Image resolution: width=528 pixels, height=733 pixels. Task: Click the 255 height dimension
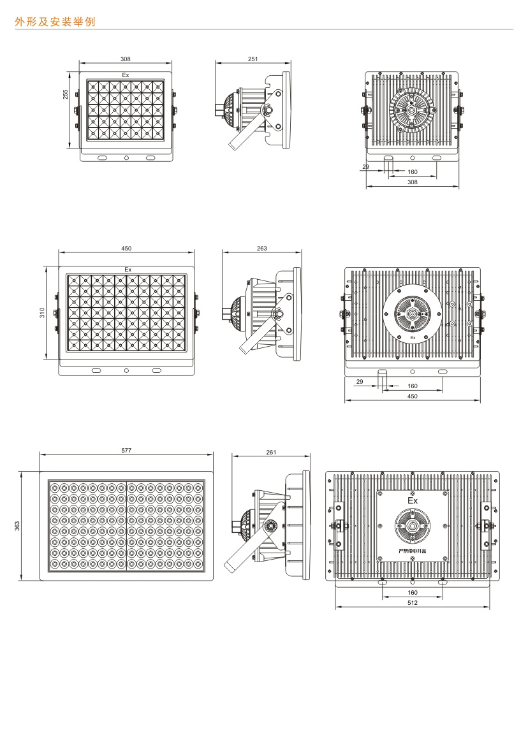tap(66, 94)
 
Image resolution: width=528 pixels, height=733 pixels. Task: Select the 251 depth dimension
tap(253, 59)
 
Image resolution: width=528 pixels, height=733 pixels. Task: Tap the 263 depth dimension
tap(261, 248)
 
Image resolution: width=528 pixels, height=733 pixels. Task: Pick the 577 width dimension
tap(126, 450)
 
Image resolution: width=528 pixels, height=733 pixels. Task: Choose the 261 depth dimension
tap(271, 452)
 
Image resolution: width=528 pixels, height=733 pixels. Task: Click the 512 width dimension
tap(412, 602)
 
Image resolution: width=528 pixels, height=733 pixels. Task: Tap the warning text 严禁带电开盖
tap(412, 551)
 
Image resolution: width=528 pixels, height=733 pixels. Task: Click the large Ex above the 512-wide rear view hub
tap(412, 502)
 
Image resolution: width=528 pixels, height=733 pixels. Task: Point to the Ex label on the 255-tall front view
tap(126, 75)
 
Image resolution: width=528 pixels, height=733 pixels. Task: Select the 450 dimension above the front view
tap(126, 248)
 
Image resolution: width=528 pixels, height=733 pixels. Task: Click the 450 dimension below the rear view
tap(412, 396)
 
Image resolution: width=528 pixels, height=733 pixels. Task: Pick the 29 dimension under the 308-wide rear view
tap(365, 166)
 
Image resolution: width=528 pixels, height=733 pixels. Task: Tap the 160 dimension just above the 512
tap(412, 592)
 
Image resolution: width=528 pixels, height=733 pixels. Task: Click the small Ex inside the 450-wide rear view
tap(413, 337)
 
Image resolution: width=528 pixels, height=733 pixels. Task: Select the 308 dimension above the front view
tap(126, 59)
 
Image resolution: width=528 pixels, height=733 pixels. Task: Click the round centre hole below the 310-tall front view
tap(126, 370)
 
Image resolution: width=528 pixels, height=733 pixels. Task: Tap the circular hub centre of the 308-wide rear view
tap(412, 110)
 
